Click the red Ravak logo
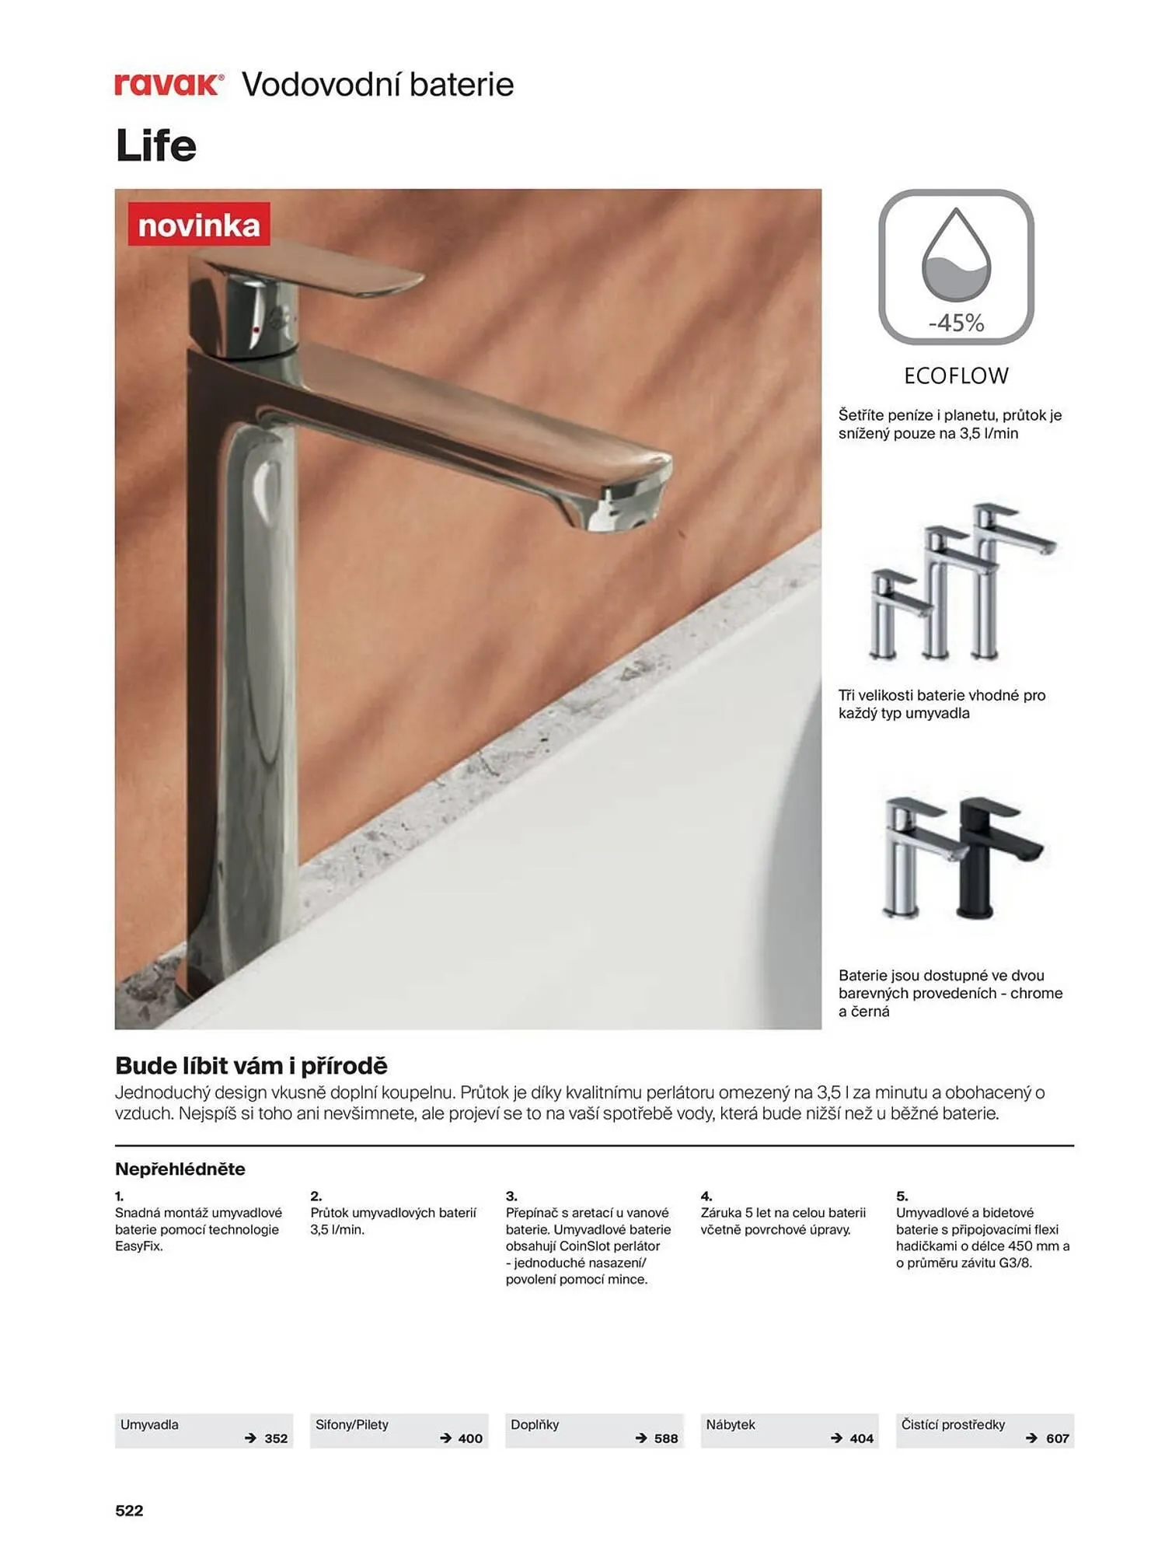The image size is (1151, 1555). pyautogui.click(x=169, y=84)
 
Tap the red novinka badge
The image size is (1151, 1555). pyautogui.click(x=199, y=225)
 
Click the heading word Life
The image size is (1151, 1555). pyautogui.click(x=155, y=145)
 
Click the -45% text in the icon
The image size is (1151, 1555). pyautogui.click(x=956, y=323)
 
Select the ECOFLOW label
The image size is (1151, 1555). pyautogui.click(x=956, y=376)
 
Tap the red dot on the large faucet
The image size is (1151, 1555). pyautogui.click(x=256, y=330)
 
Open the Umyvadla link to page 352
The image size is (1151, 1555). pyautogui.click(x=204, y=1431)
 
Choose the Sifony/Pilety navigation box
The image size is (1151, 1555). pyautogui.click(x=399, y=1431)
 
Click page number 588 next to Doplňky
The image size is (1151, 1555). pyautogui.click(x=666, y=1438)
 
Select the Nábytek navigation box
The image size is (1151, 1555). pyautogui.click(x=790, y=1431)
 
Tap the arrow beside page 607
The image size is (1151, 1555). pyautogui.click(x=1031, y=1438)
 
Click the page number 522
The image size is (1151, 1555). pyautogui.click(x=129, y=1511)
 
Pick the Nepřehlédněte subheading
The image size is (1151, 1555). pyautogui.click(x=180, y=1169)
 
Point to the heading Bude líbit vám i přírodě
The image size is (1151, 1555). pyautogui.click(x=251, y=1065)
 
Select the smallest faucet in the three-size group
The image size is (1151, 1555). pyautogui.click(x=894, y=614)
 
